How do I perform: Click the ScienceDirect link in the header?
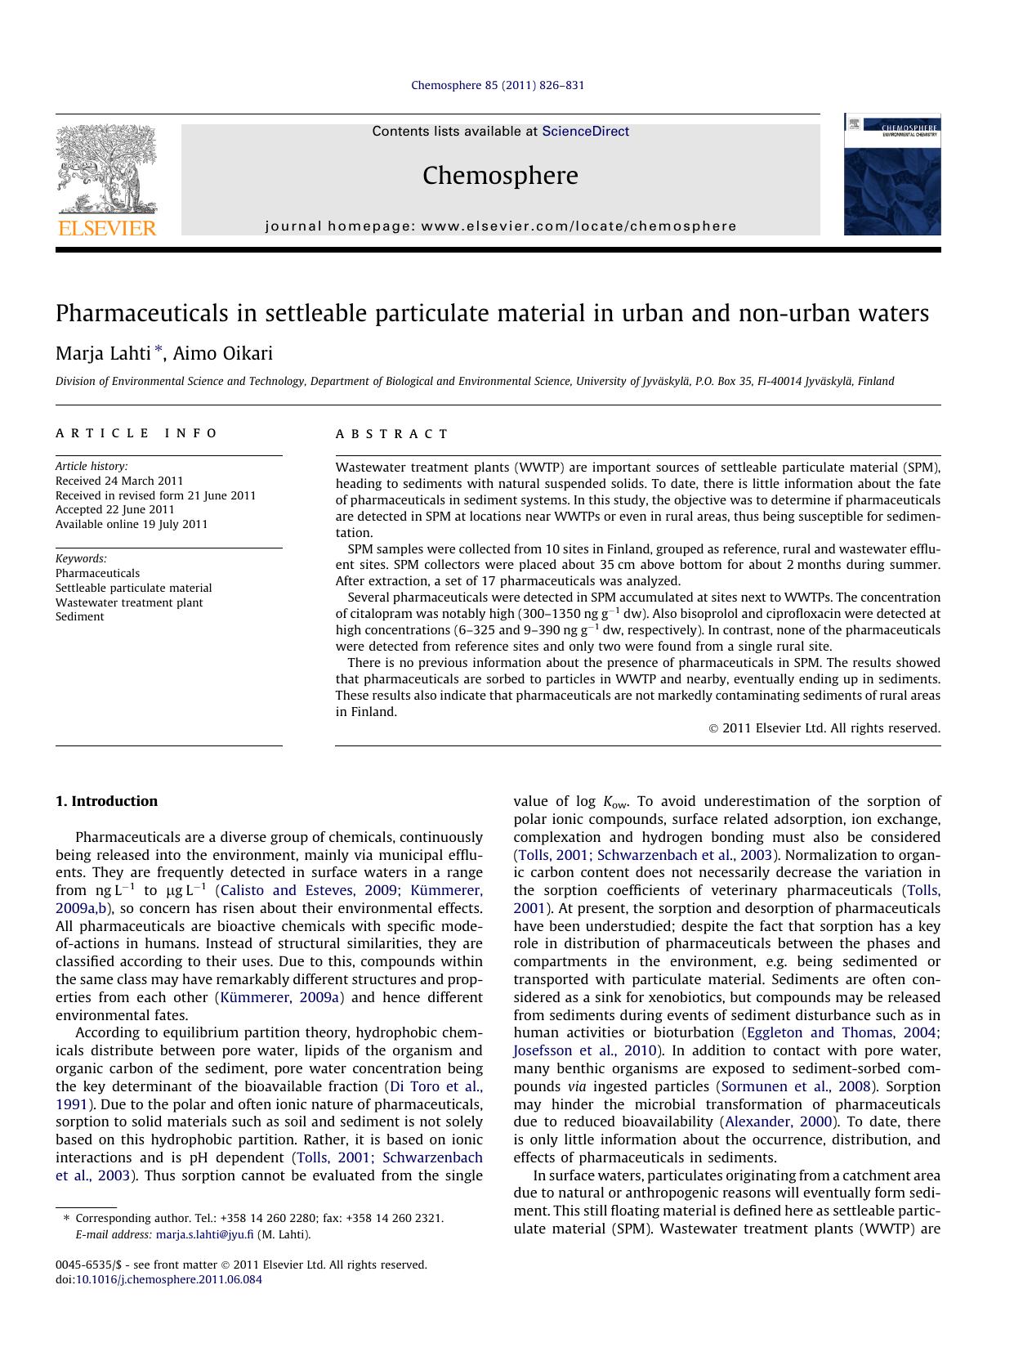[585, 132]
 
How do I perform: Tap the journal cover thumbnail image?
[891, 175]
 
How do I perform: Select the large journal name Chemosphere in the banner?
[500, 176]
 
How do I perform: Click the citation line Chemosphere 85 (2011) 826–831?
[498, 85]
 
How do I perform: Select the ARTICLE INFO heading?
[136, 433]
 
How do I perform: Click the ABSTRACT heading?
[392, 434]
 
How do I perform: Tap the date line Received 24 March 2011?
[119, 481]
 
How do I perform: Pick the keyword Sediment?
[79, 616]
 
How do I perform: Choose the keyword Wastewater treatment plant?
[129, 602]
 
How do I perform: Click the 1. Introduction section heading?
[106, 801]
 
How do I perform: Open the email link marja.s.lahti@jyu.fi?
[204, 1234]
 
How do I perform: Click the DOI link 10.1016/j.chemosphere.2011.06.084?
[169, 1279]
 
